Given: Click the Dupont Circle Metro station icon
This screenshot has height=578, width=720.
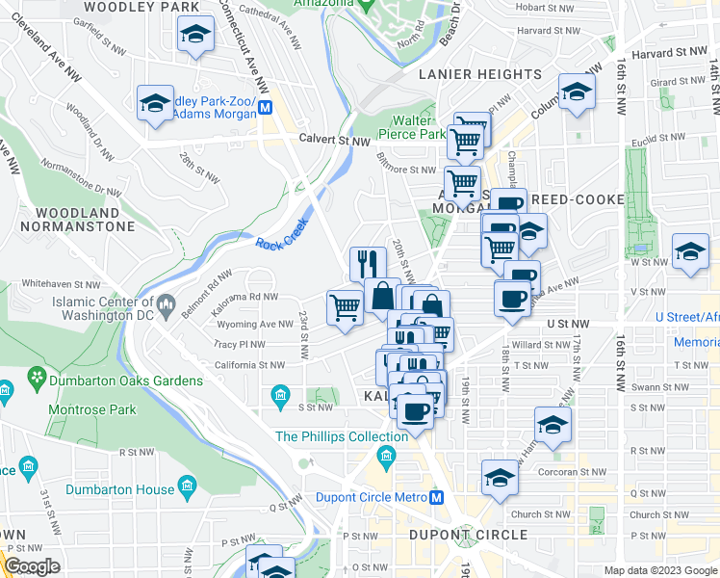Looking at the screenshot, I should [x=436, y=498].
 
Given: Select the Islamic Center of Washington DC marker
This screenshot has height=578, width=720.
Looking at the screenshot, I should [x=166, y=307].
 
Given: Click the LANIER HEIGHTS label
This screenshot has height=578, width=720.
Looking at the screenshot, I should [x=480, y=74].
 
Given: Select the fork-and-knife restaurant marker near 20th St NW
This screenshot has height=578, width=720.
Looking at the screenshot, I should [x=367, y=263].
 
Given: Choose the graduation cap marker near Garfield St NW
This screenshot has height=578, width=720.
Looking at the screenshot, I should [x=195, y=36].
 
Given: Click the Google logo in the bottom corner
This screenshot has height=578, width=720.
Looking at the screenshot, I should [x=32, y=567].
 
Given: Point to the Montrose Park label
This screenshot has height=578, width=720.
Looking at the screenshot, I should [x=94, y=409].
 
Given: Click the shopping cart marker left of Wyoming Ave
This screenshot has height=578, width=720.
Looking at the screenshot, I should [x=345, y=307].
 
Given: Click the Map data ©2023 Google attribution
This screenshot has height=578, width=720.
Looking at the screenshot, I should [x=659, y=570].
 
